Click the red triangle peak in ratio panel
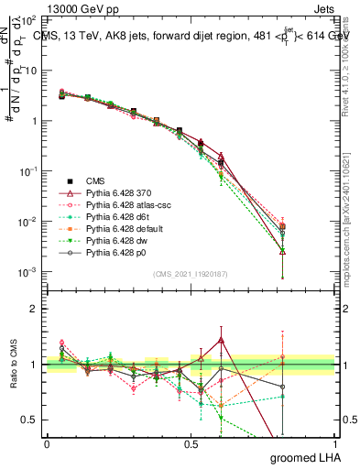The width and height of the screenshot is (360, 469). pos(221,340)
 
